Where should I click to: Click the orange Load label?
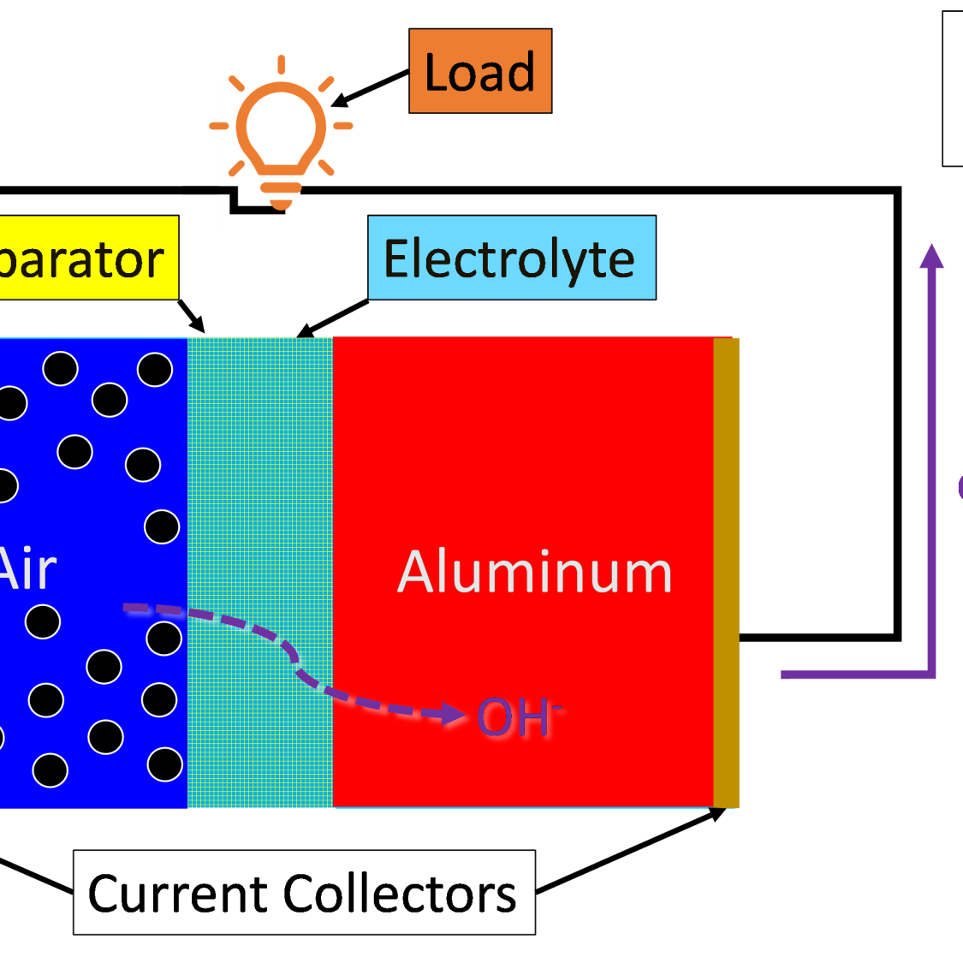[480, 71]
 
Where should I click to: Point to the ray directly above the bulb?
[281, 65]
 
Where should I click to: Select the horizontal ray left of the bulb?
[218, 126]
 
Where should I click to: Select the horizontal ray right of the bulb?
[343, 126]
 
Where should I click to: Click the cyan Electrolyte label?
[511, 258]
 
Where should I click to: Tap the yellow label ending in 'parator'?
[86, 258]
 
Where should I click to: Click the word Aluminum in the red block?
[535, 572]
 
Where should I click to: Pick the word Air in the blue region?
[27, 569]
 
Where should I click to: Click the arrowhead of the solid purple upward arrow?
[931, 255]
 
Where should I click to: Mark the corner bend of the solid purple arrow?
[930, 675]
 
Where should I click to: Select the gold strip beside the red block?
[726, 572]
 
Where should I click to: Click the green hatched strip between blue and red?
[259, 572]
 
